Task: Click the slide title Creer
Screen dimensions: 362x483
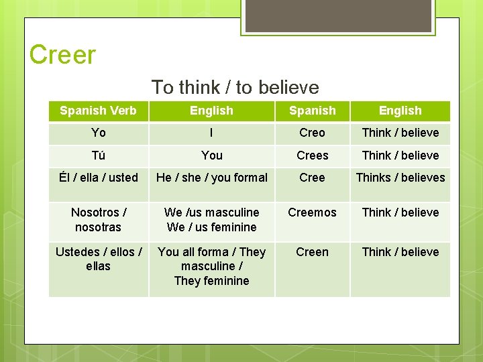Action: (x=63, y=55)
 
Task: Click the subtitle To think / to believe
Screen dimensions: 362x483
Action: (x=235, y=87)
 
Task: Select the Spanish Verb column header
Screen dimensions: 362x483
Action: (x=98, y=111)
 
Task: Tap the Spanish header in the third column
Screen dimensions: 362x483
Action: (x=312, y=111)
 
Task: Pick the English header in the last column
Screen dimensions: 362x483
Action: (x=400, y=111)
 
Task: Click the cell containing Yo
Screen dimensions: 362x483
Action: (x=98, y=133)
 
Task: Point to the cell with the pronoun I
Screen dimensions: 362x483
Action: (x=211, y=133)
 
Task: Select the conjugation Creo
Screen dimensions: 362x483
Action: (x=312, y=133)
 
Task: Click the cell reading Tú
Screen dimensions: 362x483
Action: (x=98, y=156)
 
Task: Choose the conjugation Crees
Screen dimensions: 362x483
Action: (x=312, y=156)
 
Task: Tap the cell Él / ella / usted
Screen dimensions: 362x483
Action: (x=98, y=178)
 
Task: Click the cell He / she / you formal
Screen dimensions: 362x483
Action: (x=211, y=178)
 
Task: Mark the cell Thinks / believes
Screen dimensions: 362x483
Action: (x=400, y=178)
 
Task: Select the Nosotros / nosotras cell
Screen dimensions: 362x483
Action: (x=98, y=220)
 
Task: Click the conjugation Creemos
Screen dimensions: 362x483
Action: (x=312, y=213)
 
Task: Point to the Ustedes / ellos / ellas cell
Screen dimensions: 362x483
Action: (x=98, y=259)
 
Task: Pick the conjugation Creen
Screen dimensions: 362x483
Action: (x=312, y=252)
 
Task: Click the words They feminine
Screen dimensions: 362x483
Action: (x=211, y=281)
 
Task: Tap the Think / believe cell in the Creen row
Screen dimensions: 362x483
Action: (x=400, y=252)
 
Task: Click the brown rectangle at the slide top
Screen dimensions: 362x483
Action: (x=337, y=15)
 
